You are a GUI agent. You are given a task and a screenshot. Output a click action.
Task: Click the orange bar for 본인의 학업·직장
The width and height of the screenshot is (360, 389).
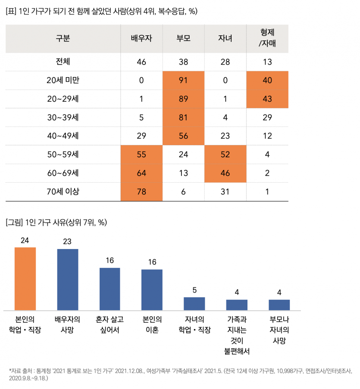25,278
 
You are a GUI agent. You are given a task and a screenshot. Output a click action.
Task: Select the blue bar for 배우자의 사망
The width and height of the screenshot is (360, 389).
68,279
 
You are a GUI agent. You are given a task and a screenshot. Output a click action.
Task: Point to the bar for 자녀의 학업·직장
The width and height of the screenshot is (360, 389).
194,303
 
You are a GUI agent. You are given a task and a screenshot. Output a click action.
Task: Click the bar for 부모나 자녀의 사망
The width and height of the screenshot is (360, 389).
279,305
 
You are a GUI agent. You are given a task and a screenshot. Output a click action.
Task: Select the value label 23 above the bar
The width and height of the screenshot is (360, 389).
67,241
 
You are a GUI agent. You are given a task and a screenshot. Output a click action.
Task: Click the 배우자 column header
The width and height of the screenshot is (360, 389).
141,38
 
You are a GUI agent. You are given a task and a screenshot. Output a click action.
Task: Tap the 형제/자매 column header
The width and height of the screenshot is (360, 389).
267,38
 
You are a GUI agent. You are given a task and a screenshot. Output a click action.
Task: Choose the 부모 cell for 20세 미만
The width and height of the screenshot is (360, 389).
184,80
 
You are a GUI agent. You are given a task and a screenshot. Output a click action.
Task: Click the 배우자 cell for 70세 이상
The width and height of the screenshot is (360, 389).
141,192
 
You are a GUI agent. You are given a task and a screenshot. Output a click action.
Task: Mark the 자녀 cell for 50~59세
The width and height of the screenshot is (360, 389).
225,154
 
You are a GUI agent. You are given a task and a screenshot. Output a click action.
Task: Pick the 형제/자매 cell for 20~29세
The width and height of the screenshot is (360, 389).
267,99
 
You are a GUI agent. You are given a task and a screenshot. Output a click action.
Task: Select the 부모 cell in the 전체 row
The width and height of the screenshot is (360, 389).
184,62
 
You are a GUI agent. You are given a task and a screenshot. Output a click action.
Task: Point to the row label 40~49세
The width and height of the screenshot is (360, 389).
63,136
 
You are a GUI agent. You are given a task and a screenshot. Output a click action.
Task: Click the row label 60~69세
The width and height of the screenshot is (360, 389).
63,173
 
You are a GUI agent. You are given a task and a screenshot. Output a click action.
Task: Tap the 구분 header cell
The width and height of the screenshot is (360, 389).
63,38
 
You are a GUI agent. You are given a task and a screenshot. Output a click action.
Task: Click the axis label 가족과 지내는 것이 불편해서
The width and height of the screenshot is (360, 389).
237,335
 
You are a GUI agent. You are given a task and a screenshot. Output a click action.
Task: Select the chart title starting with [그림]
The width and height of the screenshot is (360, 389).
56,222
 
